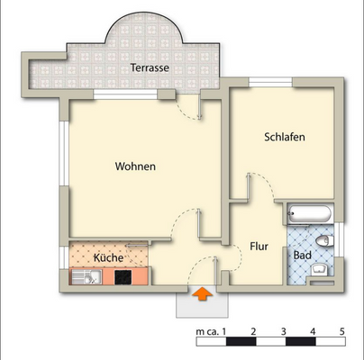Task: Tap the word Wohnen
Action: (x=136, y=166)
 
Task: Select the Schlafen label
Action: (x=284, y=138)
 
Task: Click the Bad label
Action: (x=303, y=256)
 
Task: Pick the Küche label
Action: (x=107, y=258)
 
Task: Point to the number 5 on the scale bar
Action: (x=341, y=333)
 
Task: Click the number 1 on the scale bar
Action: (x=223, y=333)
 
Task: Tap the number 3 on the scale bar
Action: (x=283, y=333)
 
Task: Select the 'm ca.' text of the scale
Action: (x=205, y=333)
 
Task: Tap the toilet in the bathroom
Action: (x=323, y=240)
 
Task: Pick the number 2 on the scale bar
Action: (x=253, y=333)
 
